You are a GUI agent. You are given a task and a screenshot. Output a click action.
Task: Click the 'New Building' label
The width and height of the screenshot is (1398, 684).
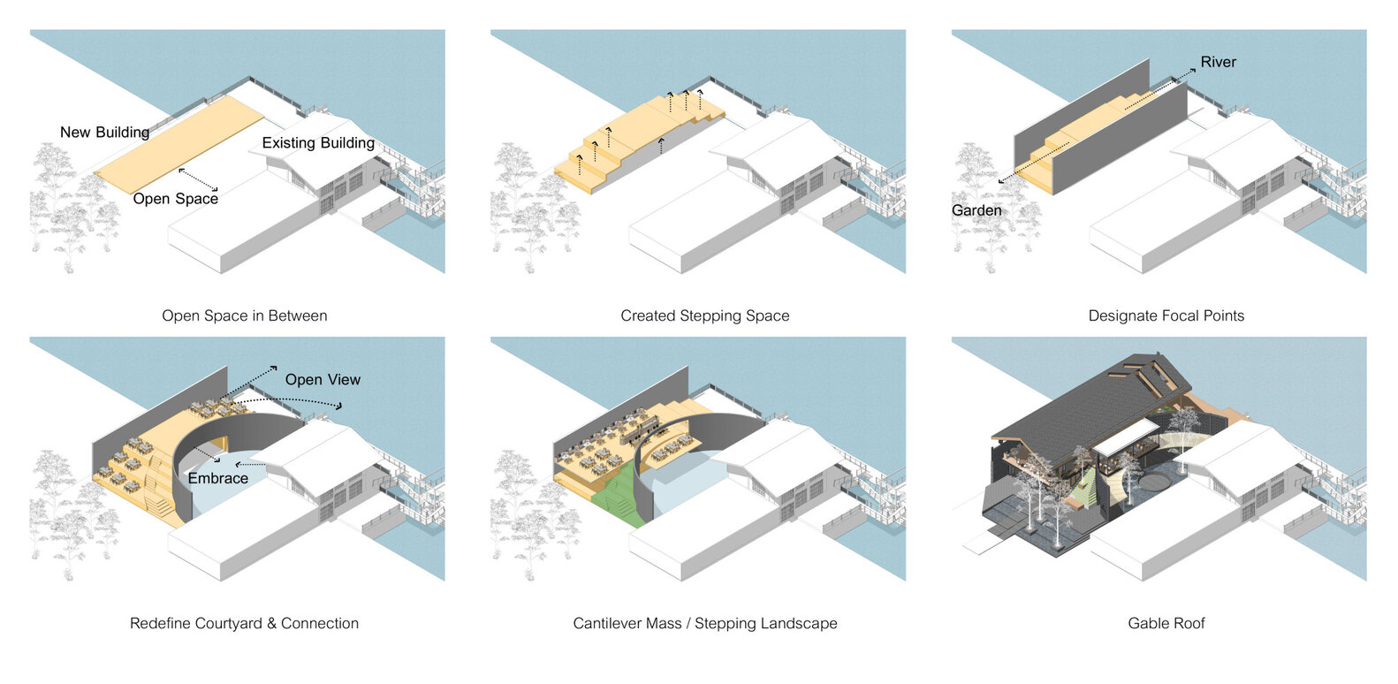(104, 133)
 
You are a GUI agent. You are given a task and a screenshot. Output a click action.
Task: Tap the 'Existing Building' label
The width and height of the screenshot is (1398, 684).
(318, 143)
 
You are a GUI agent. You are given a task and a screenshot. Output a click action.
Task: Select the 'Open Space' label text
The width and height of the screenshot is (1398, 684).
(175, 199)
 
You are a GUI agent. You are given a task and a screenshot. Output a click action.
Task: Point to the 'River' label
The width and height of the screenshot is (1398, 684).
(1218, 62)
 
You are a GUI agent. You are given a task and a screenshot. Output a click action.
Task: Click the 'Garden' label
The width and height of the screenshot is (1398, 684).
(976, 210)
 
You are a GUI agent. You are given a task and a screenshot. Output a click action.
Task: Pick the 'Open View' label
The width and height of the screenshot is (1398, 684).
(323, 380)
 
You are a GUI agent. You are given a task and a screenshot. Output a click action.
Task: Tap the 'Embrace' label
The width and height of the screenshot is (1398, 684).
(217, 478)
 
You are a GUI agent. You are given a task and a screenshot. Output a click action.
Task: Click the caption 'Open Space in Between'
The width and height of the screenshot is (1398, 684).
(244, 315)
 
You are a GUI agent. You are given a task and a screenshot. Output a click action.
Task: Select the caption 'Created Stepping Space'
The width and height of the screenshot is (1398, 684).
(704, 315)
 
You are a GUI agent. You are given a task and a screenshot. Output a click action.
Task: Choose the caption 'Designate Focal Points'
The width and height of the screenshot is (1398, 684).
(1166, 315)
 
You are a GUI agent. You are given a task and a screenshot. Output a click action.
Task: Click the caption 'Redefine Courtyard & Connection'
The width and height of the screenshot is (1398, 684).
(244, 623)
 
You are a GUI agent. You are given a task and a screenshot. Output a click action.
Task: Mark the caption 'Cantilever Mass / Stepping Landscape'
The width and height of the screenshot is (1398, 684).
(704, 623)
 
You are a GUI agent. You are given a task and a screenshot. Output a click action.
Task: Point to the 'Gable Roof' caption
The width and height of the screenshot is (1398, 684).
(1166, 623)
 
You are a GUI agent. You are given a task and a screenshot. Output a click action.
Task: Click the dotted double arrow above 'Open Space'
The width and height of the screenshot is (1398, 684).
(198, 179)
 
